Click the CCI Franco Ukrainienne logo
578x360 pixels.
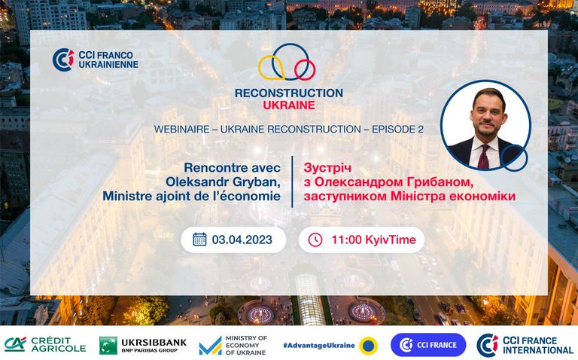coord(95,59)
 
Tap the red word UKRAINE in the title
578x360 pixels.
coord(289,105)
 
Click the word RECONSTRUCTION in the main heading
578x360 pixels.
coord(289,93)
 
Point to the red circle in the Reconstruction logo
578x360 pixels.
coord(305,70)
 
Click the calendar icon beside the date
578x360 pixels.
coord(199,239)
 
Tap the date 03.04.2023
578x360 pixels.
coord(242,239)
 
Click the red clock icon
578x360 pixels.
coord(315,239)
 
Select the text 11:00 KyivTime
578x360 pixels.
coord(373,239)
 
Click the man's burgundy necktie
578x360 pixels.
coord(483,157)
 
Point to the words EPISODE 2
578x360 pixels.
coord(397,129)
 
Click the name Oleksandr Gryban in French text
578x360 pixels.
coord(223,182)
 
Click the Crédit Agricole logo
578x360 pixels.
coord(45,345)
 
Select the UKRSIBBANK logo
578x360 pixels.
coord(143,345)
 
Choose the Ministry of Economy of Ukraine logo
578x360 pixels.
coord(233,346)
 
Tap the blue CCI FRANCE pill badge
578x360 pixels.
coord(428,345)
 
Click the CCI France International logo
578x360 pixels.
coord(525,345)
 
